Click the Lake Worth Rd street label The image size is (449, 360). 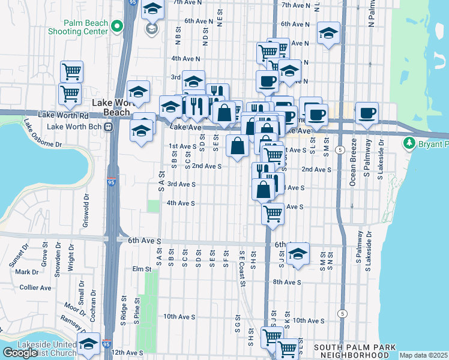coord(63,114)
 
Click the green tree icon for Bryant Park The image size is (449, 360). coord(409,143)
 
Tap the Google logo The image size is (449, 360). coord(20,353)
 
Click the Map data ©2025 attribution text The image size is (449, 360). coord(423,356)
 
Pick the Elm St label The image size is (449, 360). coord(142,269)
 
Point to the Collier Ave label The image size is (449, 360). coord(35,287)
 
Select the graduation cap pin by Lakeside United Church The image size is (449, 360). coord(88,344)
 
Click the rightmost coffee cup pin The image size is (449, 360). coord(367,113)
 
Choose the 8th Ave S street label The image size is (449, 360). coord(286,281)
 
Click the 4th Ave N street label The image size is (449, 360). coord(185,59)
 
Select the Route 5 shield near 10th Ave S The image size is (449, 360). coord(342,313)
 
